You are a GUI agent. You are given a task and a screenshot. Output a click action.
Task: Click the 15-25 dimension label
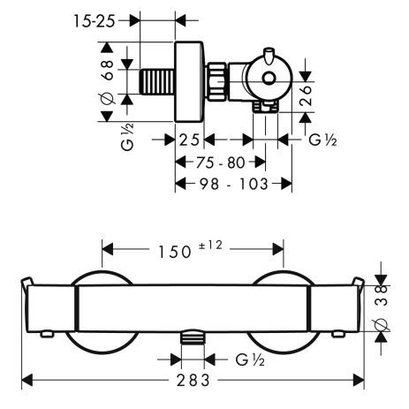point(91,18)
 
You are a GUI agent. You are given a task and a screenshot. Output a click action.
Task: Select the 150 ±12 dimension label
point(193,251)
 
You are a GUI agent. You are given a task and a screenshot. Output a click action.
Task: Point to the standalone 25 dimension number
point(189,140)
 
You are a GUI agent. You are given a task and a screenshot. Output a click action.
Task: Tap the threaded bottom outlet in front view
point(192,338)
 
